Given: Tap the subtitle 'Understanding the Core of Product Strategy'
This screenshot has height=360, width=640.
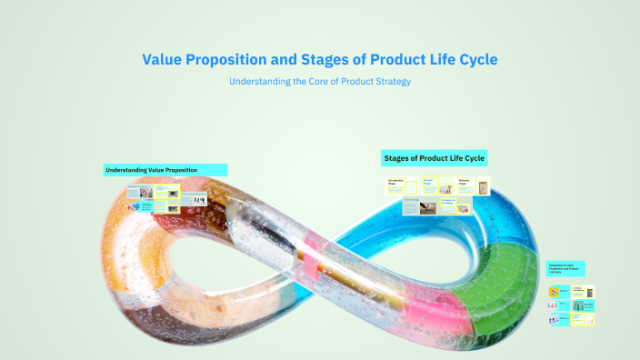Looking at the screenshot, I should point(319,82).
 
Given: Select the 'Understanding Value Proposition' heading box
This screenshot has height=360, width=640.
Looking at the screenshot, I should point(165,170).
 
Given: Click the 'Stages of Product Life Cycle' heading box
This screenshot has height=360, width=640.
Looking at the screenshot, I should point(435,158).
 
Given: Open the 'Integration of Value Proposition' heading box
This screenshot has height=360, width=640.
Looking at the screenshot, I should point(565,269).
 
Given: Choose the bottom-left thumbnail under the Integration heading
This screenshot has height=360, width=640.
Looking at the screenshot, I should point(555,320).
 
